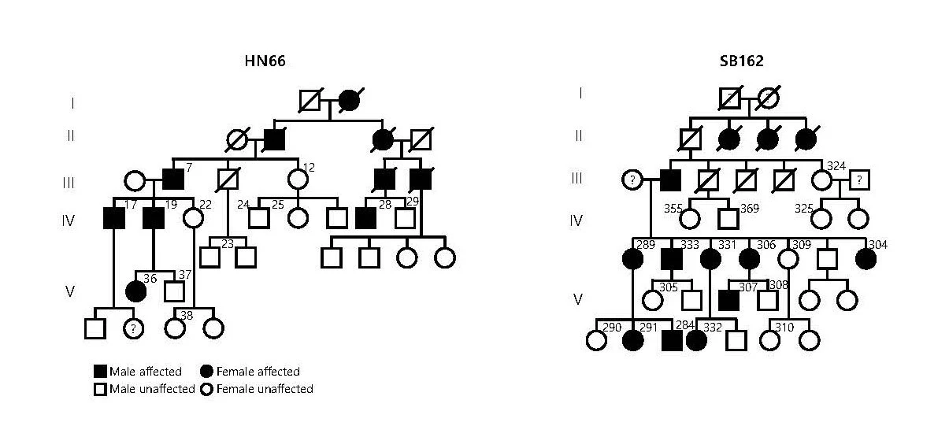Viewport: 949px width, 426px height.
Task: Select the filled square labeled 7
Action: pyautogui.click(x=173, y=180)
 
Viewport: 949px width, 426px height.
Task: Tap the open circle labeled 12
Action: pyautogui.click(x=298, y=180)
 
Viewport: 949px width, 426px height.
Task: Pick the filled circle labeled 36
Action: pyautogui.click(x=135, y=291)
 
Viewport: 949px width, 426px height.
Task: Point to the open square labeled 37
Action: pyautogui.click(x=174, y=291)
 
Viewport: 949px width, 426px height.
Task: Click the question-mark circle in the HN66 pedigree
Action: pyautogui.click(x=135, y=328)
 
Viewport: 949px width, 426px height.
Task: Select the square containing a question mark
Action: pyautogui.click(x=861, y=180)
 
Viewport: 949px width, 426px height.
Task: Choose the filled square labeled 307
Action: pyautogui.click(x=729, y=300)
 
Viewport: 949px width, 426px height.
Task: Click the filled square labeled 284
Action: pyautogui.click(x=672, y=340)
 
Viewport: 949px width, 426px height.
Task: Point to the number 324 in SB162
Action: pyautogui.click(x=836, y=165)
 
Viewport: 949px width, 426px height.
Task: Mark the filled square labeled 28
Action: pyautogui.click(x=365, y=217)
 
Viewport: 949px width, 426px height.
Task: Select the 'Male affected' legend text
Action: pyautogui.click(x=146, y=372)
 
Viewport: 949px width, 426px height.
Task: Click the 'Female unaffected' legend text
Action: pyautogui.click(x=265, y=389)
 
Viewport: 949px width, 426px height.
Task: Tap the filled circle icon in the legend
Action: pyautogui.click(x=208, y=372)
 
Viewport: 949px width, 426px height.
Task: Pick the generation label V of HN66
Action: pyautogui.click(x=70, y=291)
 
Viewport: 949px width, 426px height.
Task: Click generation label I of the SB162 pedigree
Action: pyautogui.click(x=580, y=93)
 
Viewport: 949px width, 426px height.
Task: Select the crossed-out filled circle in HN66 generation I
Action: pyautogui.click(x=349, y=101)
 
